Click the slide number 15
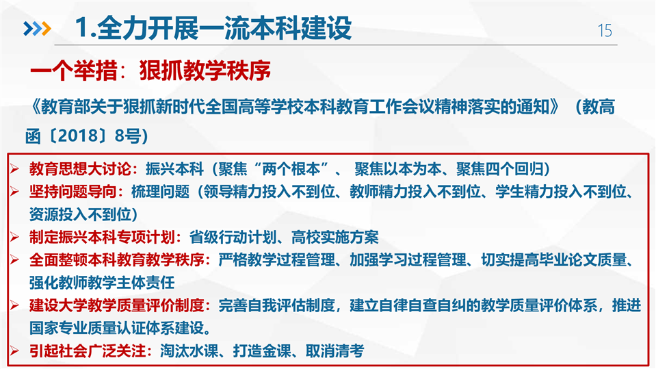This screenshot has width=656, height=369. click(x=605, y=31)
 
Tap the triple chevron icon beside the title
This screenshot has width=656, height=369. click(x=37, y=29)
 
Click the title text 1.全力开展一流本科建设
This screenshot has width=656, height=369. click(x=213, y=28)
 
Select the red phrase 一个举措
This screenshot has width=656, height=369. click(x=74, y=71)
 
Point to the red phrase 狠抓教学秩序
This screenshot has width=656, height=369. click(x=205, y=71)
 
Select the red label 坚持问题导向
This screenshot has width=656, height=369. click(x=73, y=192)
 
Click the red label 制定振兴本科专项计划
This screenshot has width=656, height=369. click(x=102, y=237)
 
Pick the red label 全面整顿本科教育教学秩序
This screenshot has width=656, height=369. click(x=117, y=259)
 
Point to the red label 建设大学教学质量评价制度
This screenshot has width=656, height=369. click(x=117, y=305)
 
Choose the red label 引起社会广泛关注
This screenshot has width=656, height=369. click(x=88, y=351)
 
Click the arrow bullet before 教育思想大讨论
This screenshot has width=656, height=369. click(x=14, y=169)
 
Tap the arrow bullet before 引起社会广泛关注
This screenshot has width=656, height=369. click(x=14, y=351)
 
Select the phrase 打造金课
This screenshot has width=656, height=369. click(x=262, y=351)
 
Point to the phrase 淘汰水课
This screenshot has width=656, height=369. click(x=189, y=351)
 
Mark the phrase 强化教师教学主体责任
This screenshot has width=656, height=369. click(x=102, y=282)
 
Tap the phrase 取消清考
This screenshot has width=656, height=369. click(x=334, y=351)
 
